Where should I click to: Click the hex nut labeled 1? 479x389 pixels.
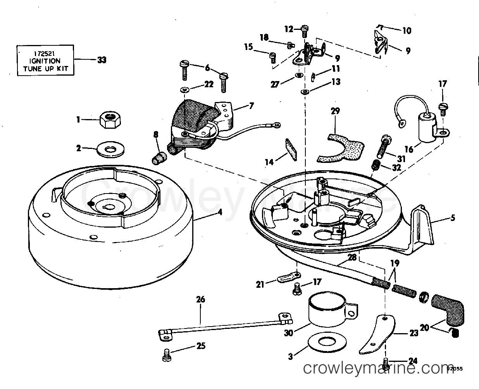click(110, 119)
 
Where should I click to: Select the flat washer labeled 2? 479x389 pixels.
click(110, 150)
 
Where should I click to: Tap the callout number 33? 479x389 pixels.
click(102, 60)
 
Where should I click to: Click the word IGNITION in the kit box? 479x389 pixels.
click(45, 61)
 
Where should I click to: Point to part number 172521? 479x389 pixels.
click(44, 53)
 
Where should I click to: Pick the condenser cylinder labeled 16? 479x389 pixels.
click(427, 128)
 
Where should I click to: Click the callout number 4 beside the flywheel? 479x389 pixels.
click(220, 212)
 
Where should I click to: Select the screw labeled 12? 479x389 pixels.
click(305, 31)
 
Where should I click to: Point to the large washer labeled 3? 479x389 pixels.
click(327, 342)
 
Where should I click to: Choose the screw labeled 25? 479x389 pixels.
click(167, 355)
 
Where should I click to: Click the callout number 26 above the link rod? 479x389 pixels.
click(201, 299)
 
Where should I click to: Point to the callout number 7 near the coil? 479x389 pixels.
click(252, 105)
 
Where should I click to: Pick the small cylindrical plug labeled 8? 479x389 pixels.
click(159, 157)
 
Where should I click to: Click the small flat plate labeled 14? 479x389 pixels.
click(291, 150)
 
